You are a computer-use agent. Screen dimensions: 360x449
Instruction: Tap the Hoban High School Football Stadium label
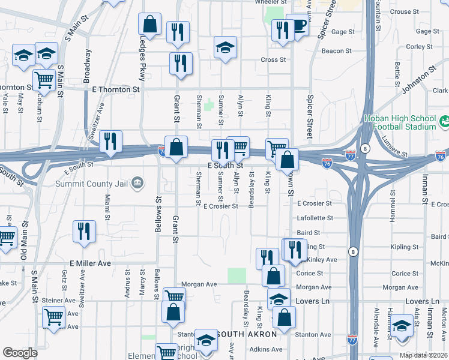400,122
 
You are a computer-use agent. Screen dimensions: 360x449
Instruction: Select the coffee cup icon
297,26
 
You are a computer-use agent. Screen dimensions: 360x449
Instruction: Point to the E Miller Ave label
91,263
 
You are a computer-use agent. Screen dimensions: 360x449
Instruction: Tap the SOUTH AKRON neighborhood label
246,334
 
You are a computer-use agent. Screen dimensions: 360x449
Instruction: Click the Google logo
20,353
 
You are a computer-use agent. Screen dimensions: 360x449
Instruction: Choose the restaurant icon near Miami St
84,230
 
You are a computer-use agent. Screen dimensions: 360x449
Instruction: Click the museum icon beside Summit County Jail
137,182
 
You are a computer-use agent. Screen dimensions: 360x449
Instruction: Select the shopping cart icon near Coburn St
43,79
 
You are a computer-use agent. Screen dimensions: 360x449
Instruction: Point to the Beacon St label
332,51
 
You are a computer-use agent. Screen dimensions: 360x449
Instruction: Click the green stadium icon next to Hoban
444,122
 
